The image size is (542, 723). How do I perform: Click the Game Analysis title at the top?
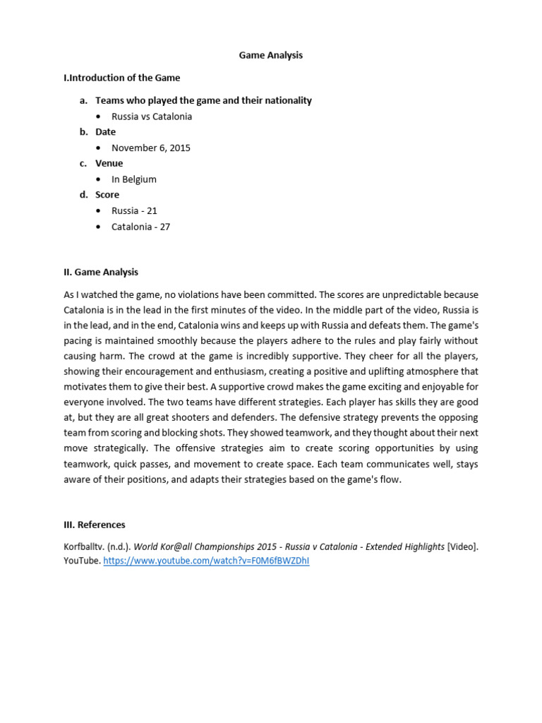point(270,55)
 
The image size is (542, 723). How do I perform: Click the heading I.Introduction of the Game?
point(121,78)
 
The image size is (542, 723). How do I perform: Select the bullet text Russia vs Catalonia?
point(152,116)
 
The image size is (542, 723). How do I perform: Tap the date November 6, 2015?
point(151,148)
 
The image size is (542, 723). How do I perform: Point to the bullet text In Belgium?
point(134,179)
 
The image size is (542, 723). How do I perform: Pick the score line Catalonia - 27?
point(141,227)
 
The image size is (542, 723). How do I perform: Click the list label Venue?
point(109,163)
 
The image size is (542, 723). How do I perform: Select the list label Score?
point(107,195)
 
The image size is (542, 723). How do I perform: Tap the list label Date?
point(106,132)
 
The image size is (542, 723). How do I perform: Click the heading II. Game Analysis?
point(101,272)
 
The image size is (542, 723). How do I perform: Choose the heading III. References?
point(95,525)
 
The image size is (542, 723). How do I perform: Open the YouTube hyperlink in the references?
point(206,561)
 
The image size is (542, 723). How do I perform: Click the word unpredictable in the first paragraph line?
point(401,294)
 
